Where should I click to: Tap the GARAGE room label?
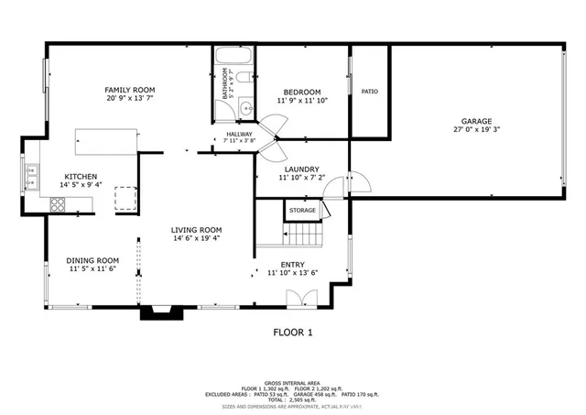click(x=476, y=121)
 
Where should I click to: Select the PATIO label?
click(x=369, y=92)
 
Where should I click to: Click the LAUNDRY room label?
click(x=301, y=169)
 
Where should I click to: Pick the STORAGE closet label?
click(x=302, y=211)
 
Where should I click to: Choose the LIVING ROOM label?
click(x=196, y=230)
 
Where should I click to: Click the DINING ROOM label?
click(x=93, y=259)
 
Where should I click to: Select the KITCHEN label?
click(x=81, y=176)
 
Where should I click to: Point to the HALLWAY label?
click(x=239, y=135)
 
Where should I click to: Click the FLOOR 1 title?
click(x=293, y=332)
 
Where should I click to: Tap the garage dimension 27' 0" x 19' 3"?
click(x=476, y=131)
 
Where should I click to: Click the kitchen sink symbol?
click(x=32, y=170)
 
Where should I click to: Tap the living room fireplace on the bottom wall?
click(x=157, y=313)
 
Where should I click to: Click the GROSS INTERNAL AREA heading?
click(x=293, y=382)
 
